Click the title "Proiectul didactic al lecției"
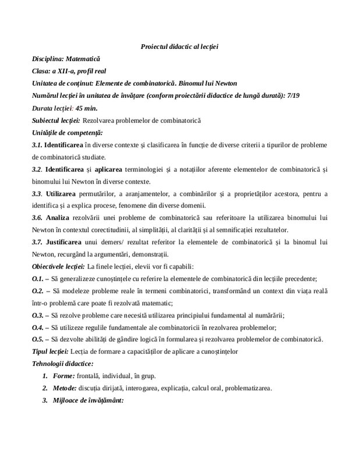pyautogui.click(x=179, y=46)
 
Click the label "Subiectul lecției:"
pyautogui.click(x=56, y=120)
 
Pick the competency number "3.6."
pyautogui.click(x=37, y=217)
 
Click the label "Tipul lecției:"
pyautogui.click(x=51, y=351)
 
